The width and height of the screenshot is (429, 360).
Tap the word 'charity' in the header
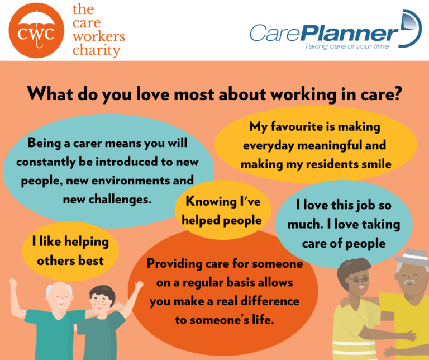click(x=97, y=51)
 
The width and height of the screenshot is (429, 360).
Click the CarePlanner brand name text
click(x=324, y=32)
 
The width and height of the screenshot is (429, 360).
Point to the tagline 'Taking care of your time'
click(x=346, y=46)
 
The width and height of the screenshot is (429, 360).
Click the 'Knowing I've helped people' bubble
click(x=223, y=210)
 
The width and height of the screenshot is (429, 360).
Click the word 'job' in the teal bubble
click(x=366, y=205)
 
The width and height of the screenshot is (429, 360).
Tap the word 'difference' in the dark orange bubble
click(x=269, y=301)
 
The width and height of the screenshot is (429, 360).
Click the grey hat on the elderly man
click(x=411, y=258)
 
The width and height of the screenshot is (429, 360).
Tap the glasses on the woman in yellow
click(x=358, y=278)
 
